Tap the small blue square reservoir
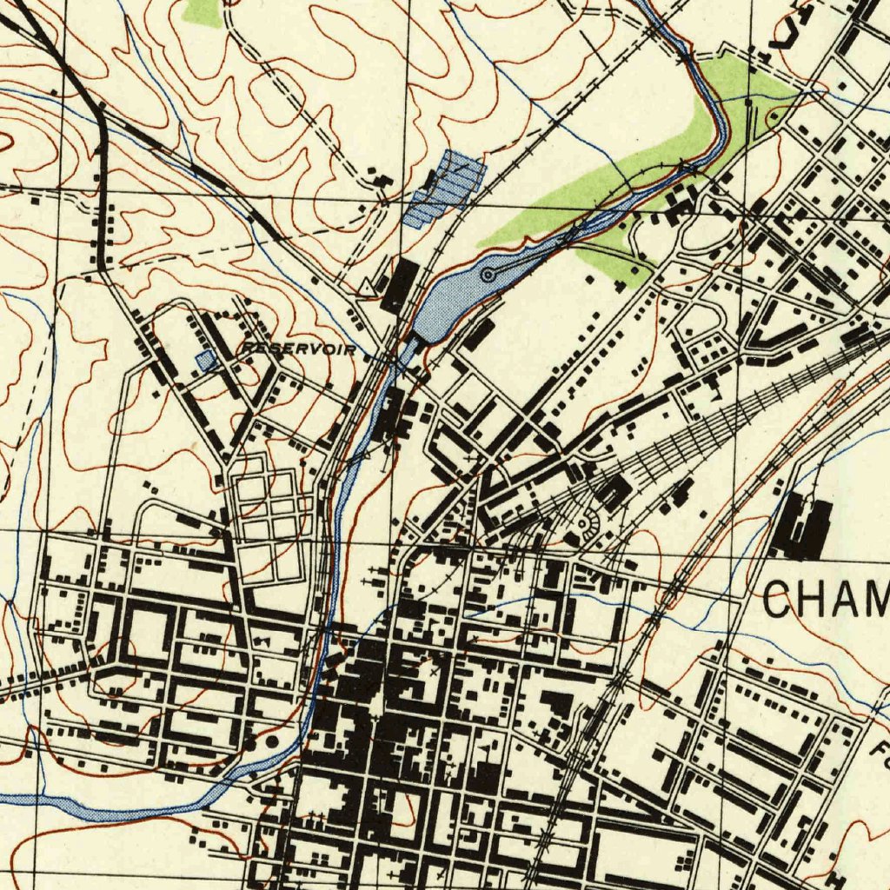(x=205, y=360)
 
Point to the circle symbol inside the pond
(x=488, y=275)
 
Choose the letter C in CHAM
(x=781, y=599)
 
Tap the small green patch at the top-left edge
(x=203, y=11)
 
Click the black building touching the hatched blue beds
(x=431, y=180)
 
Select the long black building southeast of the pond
(x=477, y=334)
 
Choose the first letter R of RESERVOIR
(x=246, y=348)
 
